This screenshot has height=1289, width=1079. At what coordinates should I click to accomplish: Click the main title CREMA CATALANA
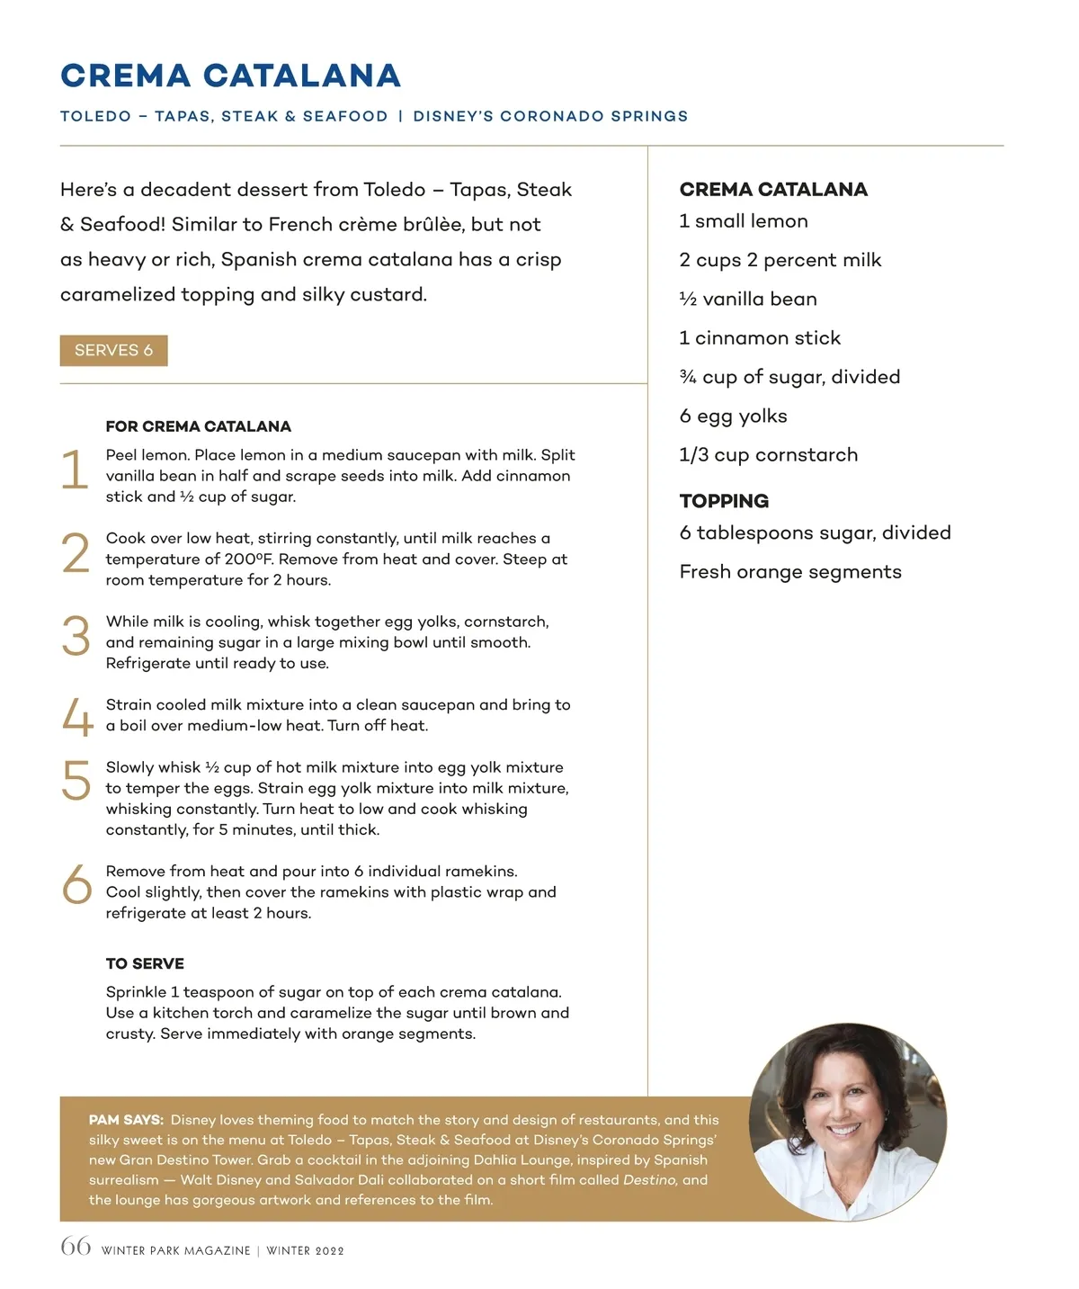(230, 76)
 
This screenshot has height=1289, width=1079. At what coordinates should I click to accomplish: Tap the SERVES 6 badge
(113, 350)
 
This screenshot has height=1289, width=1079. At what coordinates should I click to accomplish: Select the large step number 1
(76, 470)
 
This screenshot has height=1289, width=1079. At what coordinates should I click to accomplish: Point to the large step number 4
(77, 717)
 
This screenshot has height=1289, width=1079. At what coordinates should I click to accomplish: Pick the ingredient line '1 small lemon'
(744, 221)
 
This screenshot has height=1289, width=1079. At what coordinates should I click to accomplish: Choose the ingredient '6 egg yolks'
(733, 416)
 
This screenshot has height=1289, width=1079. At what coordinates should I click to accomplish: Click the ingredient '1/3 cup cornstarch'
(768, 455)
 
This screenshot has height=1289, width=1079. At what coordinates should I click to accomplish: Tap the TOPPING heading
(724, 501)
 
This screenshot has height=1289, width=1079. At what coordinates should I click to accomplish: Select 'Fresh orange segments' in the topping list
(790, 572)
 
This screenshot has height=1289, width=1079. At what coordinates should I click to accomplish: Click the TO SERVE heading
(145, 963)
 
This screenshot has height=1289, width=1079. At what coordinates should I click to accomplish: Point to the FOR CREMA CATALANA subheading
(198, 426)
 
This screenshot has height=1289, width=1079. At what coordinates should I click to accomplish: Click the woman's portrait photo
(847, 1121)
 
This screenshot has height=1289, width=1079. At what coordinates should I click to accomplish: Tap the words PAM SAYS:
(126, 1120)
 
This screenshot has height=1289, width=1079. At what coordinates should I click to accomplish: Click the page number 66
(76, 1247)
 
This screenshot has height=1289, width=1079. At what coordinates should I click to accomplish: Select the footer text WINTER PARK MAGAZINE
(176, 1250)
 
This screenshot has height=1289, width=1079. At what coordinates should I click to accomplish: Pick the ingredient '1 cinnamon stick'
(760, 338)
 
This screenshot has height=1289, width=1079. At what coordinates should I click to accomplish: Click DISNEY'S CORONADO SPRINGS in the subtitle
(550, 116)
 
